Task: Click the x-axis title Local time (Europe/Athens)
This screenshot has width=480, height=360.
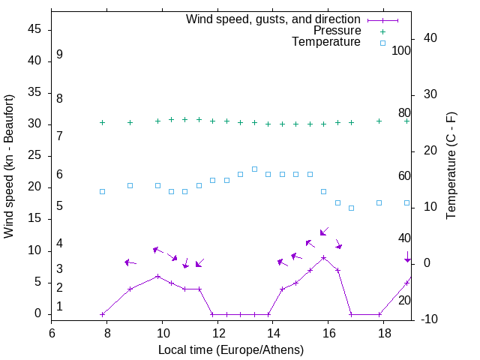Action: click(x=231, y=349)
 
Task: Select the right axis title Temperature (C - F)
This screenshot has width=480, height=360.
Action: click(x=451, y=166)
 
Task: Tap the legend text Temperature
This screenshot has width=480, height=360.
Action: click(x=326, y=42)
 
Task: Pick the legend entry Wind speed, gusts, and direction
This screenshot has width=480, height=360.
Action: click(x=273, y=19)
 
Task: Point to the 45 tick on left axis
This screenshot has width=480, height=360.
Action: click(x=34, y=30)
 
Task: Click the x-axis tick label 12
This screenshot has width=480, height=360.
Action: click(x=217, y=333)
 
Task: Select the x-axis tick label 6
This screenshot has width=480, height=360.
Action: click(x=52, y=333)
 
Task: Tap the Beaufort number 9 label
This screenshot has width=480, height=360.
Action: click(x=59, y=55)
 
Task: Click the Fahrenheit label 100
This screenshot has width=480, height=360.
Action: click(x=401, y=50)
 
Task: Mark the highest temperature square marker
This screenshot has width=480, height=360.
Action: click(x=254, y=169)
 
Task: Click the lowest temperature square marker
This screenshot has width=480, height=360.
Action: click(x=351, y=208)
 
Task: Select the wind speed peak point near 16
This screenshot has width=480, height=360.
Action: click(x=323, y=257)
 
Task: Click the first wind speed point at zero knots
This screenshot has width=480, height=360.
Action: click(x=103, y=314)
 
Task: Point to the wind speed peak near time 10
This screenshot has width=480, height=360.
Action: click(x=157, y=276)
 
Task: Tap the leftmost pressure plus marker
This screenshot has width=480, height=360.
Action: click(x=103, y=122)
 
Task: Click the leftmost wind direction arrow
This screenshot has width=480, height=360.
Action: click(x=130, y=262)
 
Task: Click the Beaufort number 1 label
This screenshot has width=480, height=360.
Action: click(x=59, y=307)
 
